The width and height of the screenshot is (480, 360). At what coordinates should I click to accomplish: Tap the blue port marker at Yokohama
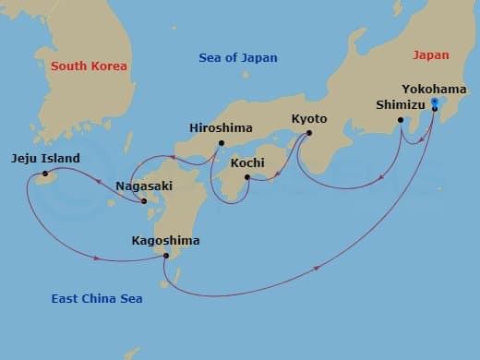click(435, 103)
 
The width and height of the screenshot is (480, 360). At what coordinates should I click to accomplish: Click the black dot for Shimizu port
click(401, 120)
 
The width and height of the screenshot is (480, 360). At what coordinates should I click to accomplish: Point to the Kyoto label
click(308, 118)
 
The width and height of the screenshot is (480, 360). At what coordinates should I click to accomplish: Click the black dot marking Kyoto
click(308, 133)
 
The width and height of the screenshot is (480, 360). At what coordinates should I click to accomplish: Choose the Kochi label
click(247, 162)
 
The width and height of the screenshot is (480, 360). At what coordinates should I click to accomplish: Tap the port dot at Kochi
click(246, 176)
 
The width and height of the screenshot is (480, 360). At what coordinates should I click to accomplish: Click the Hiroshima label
click(220, 128)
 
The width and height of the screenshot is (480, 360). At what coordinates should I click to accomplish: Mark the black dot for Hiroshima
click(222, 143)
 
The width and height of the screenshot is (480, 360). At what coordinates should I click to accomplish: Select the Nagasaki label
click(143, 186)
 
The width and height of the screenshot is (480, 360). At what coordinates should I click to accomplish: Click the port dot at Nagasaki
click(144, 200)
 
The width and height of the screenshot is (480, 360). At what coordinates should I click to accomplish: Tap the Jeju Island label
click(46, 158)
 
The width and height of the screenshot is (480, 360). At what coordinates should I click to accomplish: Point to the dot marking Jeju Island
click(44, 174)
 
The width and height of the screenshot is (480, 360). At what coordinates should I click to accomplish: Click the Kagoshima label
click(165, 240)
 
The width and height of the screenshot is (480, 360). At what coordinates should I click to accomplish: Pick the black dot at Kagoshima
click(166, 256)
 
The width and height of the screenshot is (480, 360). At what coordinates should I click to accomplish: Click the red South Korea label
click(89, 66)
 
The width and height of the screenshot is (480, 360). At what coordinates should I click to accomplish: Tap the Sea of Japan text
click(238, 58)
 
